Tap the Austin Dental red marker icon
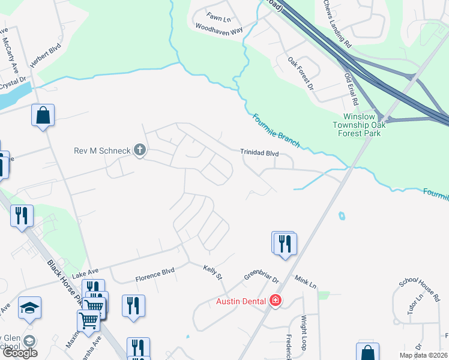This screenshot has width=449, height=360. click(x=276, y=300)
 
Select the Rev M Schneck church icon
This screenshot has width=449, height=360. click(x=140, y=150)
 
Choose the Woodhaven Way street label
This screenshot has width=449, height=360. click(x=218, y=29)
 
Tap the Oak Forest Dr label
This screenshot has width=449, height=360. click(x=301, y=73)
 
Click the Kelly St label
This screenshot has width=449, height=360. click(x=212, y=273)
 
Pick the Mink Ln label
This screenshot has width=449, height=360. click(x=305, y=281)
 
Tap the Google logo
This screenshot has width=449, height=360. click(x=20, y=353)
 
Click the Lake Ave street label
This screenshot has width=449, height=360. click(x=84, y=274)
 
